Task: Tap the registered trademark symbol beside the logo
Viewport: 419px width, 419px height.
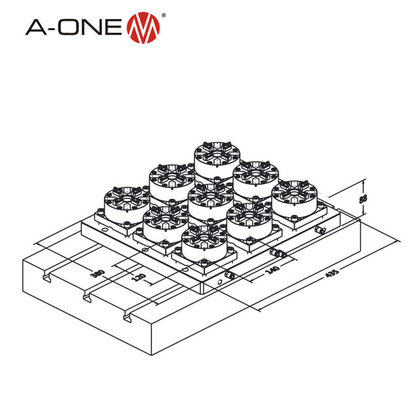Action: click(164, 15)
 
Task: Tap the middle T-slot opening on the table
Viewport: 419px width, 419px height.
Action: click(86, 299)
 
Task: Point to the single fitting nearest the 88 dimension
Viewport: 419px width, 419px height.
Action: click(319, 231)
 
